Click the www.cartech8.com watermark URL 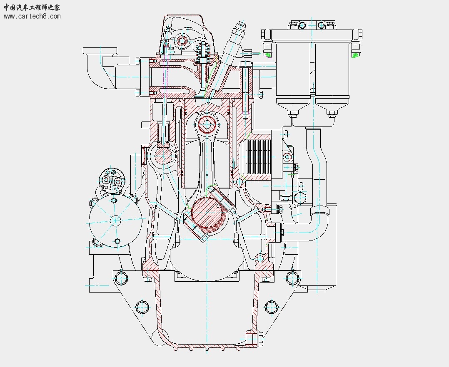[x=32, y=16]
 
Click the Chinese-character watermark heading [x=32, y=7]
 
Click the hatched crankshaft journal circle [x=207, y=212]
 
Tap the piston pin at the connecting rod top [x=207, y=125]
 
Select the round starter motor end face [x=115, y=220]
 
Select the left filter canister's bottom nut [x=293, y=114]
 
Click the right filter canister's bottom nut [x=332, y=114]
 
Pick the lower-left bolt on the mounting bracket [x=142, y=307]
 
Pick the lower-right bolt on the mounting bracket [x=271, y=307]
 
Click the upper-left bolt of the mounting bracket [x=121, y=278]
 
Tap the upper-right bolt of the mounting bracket [x=293, y=278]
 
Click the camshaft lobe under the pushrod [x=164, y=156]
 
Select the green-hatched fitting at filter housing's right [x=355, y=55]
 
